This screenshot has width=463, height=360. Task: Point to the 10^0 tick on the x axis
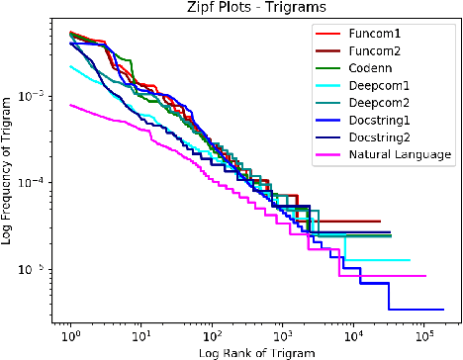(x=69, y=337)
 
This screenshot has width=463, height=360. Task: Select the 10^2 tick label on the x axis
(x=211, y=337)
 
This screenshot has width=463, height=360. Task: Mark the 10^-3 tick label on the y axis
(x=35, y=96)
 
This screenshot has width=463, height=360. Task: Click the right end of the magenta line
(x=425, y=276)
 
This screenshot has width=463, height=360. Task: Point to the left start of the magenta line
(x=69, y=105)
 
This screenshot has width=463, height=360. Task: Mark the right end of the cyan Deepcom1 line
(x=410, y=260)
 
